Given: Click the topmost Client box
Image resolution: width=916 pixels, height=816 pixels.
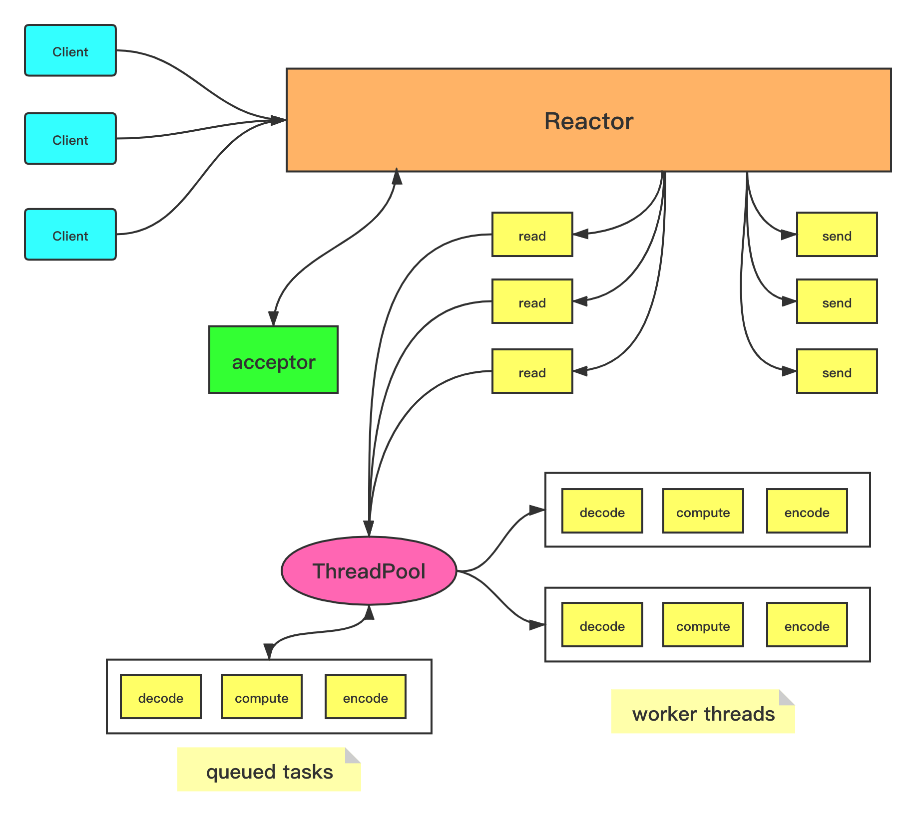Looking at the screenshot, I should (x=70, y=51).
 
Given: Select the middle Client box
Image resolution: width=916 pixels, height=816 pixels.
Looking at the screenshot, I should (x=70, y=139).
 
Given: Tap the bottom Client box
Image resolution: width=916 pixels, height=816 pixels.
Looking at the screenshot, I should (x=70, y=235).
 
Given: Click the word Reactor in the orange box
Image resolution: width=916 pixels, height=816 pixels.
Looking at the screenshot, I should (x=588, y=121).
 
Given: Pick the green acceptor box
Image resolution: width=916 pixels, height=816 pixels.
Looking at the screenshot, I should (x=273, y=360).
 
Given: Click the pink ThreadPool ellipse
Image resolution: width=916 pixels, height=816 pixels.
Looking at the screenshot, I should (x=369, y=571).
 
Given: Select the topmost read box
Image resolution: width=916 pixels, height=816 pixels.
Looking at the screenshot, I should (x=532, y=235).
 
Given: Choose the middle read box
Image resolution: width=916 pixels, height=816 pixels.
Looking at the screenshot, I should (x=532, y=302).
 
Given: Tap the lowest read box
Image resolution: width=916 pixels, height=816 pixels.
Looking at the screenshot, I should (x=532, y=372).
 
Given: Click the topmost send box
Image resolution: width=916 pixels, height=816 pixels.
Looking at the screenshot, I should (x=837, y=235).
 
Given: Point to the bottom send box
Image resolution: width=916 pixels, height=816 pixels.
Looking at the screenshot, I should (x=837, y=372).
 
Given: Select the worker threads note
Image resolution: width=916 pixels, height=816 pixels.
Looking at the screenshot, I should (x=703, y=712).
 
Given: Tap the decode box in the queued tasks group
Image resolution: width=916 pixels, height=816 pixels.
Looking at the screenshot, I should (x=161, y=697).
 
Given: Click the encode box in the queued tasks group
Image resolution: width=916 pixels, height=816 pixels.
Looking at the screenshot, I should (x=365, y=697).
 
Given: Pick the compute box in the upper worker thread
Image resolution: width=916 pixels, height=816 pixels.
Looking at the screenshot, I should (x=703, y=512).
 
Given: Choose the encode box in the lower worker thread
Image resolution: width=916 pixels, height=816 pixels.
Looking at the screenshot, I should (x=807, y=625).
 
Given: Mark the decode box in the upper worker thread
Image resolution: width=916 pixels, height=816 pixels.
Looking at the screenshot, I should (x=602, y=512).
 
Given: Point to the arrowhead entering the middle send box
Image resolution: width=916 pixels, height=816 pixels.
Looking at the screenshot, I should (x=788, y=301).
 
